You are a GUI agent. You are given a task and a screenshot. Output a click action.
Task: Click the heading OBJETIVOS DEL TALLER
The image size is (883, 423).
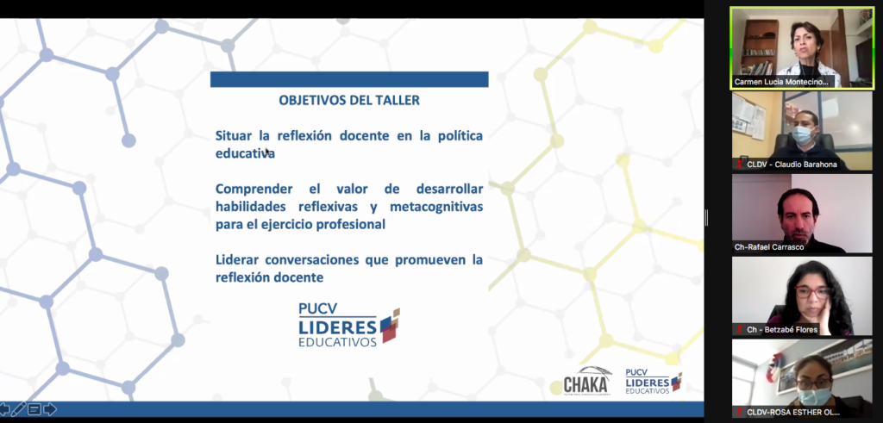(x=349, y=101)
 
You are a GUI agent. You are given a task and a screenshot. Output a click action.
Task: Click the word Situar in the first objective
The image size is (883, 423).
(x=233, y=135)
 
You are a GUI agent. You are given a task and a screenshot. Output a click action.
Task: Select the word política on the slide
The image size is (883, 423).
(x=460, y=135)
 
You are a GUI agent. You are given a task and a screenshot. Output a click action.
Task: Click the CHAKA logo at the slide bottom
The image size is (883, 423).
(x=586, y=381)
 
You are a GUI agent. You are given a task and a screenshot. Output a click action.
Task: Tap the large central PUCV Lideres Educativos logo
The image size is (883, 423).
(x=348, y=325)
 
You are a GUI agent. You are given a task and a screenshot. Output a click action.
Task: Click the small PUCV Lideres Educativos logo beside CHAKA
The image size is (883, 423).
(x=654, y=382)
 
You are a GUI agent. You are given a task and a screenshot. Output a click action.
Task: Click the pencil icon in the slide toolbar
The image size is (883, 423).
(x=19, y=409)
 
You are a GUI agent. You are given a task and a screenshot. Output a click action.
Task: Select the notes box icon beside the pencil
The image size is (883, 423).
(x=34, y=409)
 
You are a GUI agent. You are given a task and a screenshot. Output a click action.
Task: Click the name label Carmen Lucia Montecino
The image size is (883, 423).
(x=781, y=82)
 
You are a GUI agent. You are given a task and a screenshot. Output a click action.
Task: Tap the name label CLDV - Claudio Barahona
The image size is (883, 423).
(x=792, y=165)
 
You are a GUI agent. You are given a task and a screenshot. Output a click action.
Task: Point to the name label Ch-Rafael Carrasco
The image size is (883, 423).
(x=769, y=247)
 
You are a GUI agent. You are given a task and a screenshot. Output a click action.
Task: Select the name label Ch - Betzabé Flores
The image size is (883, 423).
(x=782, y=330)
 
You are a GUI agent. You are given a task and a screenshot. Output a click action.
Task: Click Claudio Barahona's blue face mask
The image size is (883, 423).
(x=804, y=134)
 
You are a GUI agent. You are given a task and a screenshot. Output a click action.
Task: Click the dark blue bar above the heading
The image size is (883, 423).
(x=349, y=79)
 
